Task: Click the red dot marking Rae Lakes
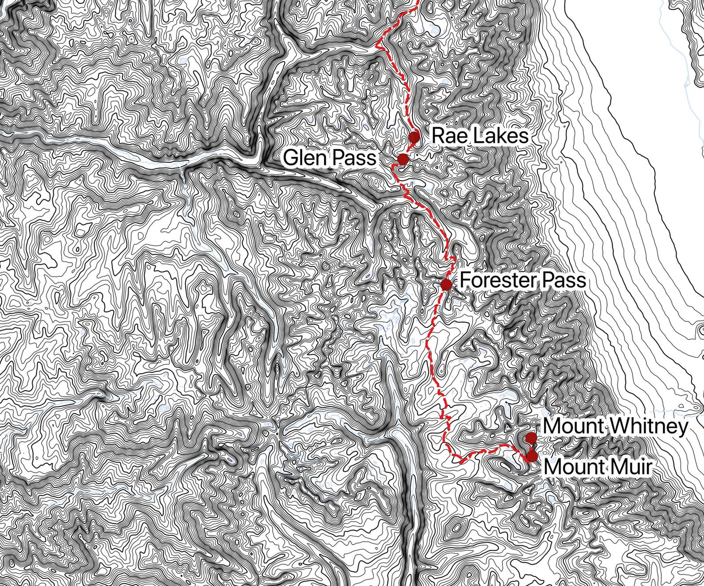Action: point(414,136)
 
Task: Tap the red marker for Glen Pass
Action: point(403,159)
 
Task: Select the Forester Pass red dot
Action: point(446,284)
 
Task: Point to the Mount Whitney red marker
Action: point(531,439)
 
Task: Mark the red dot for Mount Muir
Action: point(532,456)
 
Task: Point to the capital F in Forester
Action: point(464,280)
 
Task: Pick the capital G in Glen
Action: point(290,158)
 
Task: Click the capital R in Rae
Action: point(438,136)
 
